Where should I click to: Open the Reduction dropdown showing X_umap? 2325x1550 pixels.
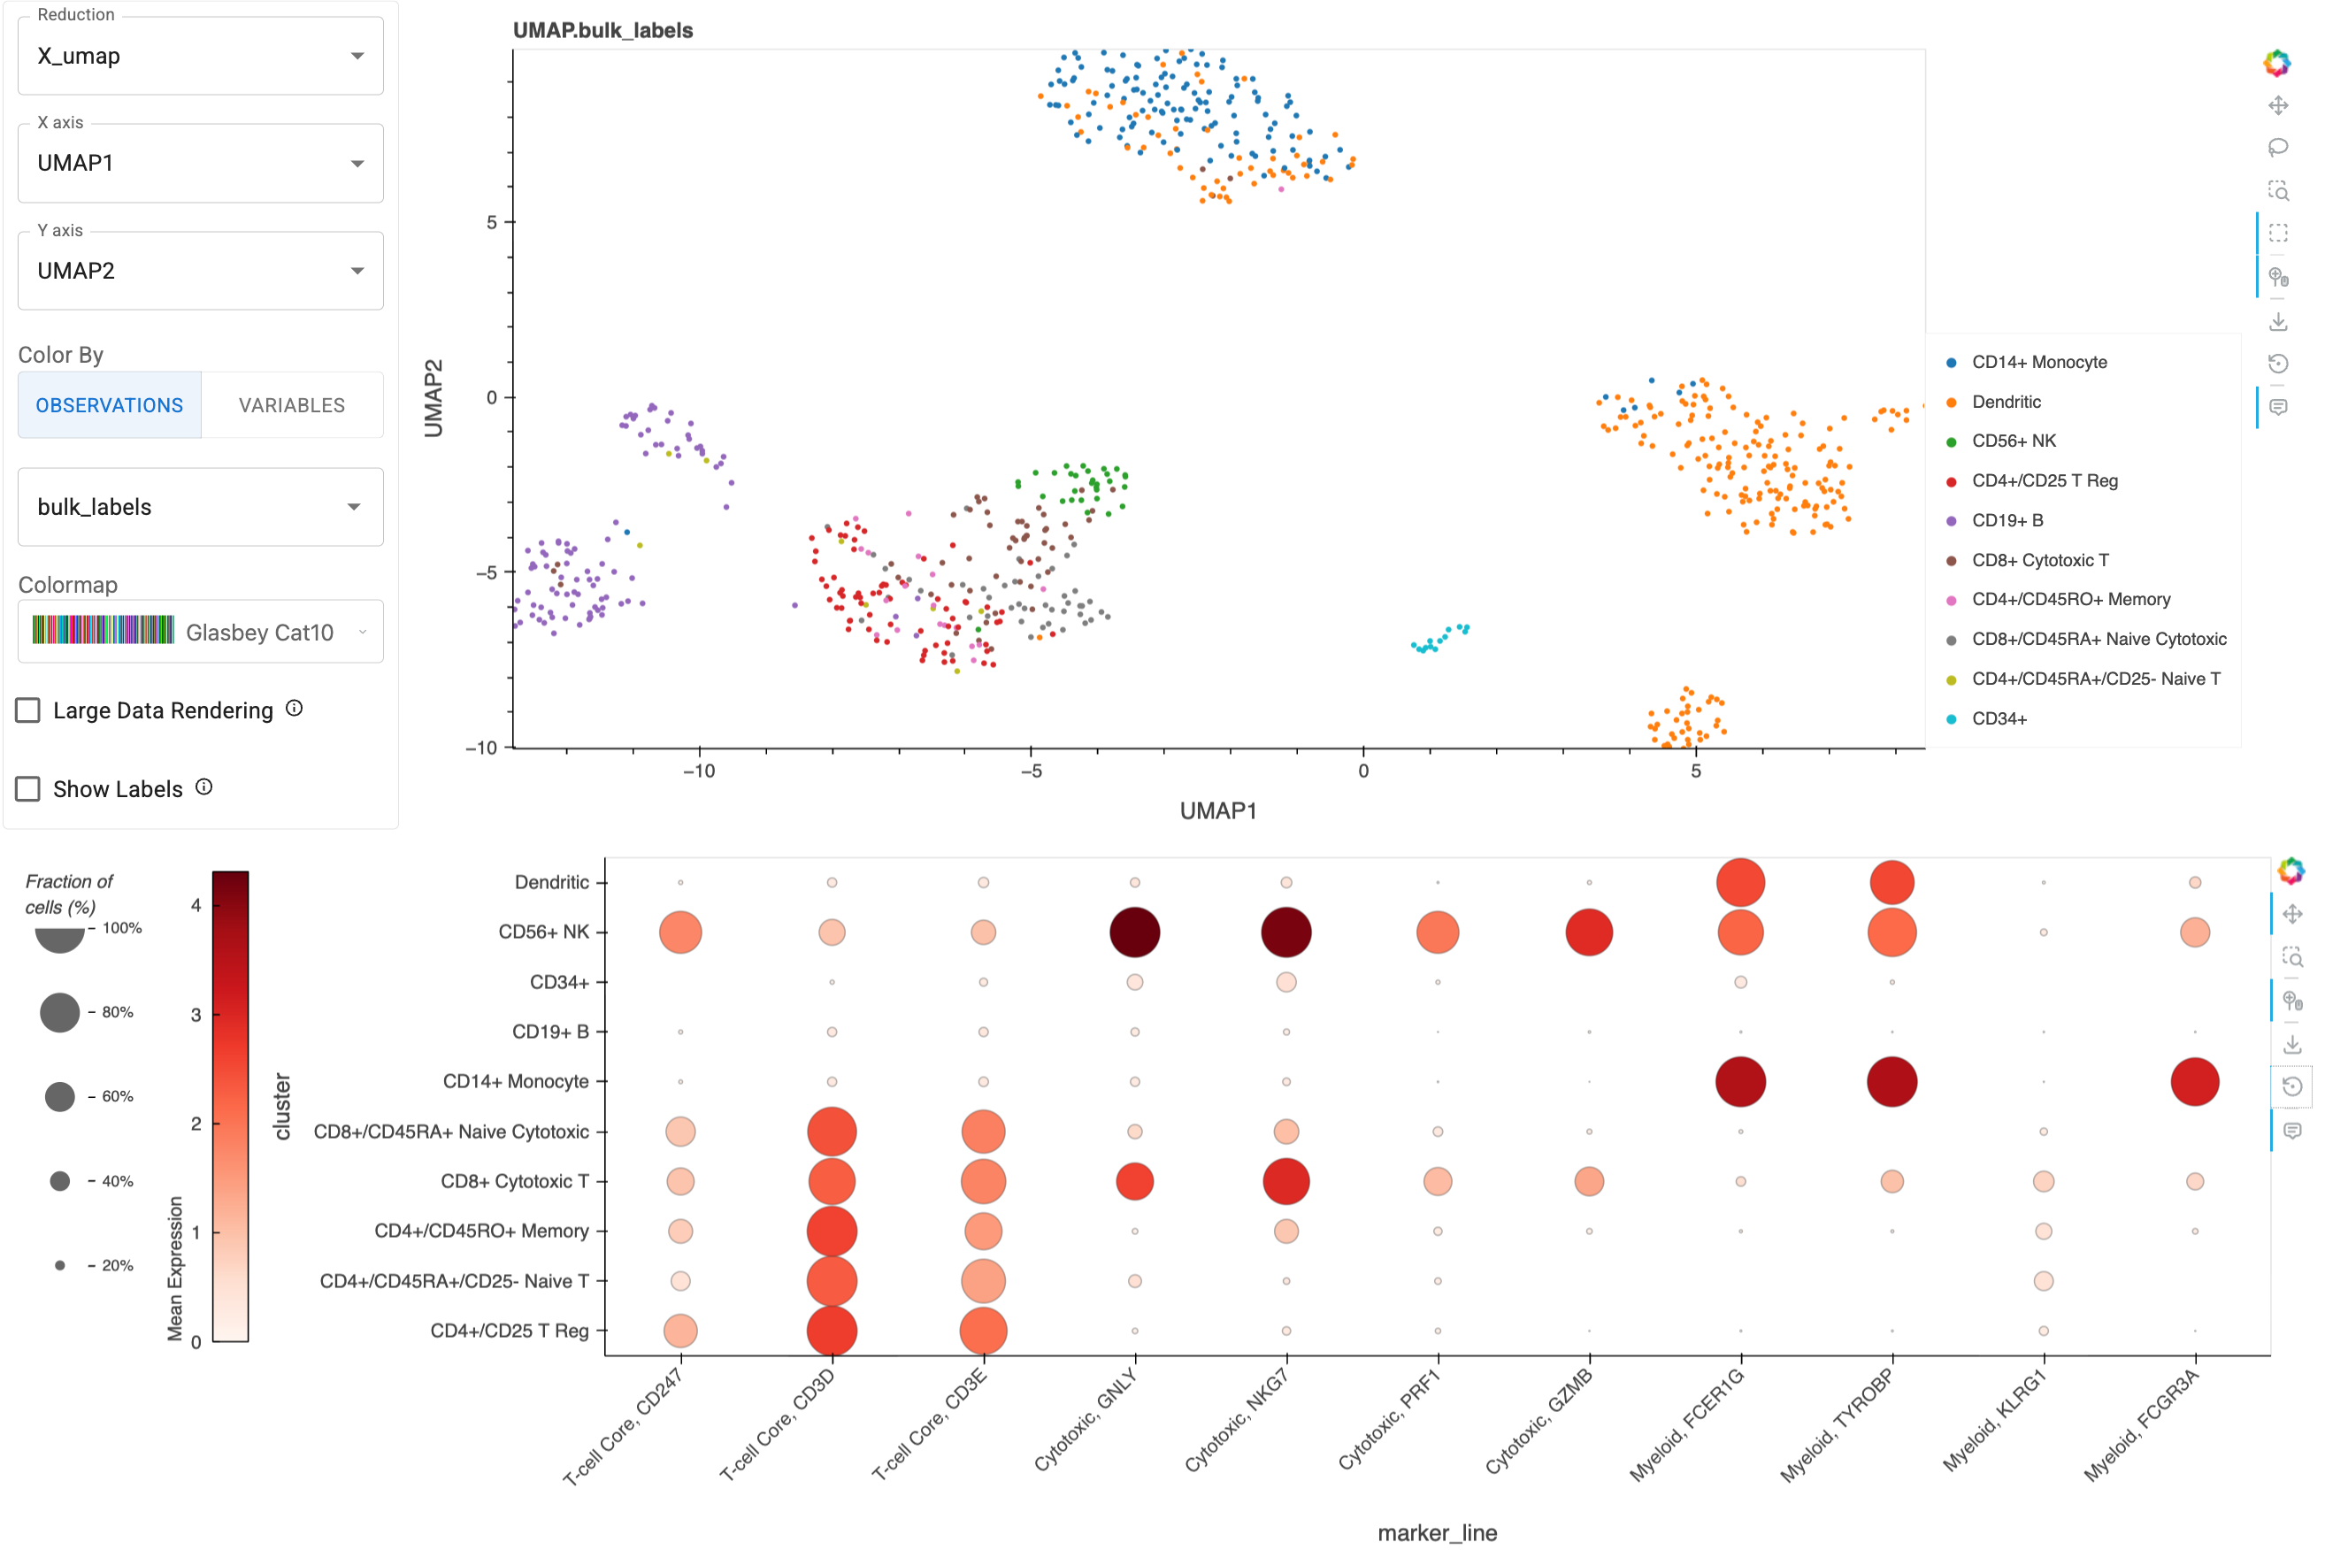201,57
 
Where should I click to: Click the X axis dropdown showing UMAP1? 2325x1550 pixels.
201,163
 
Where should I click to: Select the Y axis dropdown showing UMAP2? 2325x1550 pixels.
201,271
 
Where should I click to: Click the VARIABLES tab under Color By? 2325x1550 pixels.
292,405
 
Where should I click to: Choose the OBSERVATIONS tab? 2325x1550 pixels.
110,405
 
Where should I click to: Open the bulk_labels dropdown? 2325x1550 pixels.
201,507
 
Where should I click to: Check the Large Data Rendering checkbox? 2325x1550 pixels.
28,710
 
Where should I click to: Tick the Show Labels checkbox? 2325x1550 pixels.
28,789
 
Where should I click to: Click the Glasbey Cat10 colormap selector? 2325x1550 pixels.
201,632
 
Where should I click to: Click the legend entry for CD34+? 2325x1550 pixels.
1998,719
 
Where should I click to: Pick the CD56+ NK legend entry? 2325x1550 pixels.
2013,441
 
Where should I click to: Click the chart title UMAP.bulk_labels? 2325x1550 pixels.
603,31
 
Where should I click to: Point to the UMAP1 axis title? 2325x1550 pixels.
1218,811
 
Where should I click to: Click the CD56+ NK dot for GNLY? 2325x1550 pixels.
1135,932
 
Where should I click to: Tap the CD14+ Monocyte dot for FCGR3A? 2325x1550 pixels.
2195,1082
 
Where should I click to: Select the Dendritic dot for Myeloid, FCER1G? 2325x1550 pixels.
1741,883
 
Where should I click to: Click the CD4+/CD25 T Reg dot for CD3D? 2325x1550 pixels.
833,1331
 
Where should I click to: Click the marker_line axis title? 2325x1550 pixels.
1438,1533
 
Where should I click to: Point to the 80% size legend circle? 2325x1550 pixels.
59,1013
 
